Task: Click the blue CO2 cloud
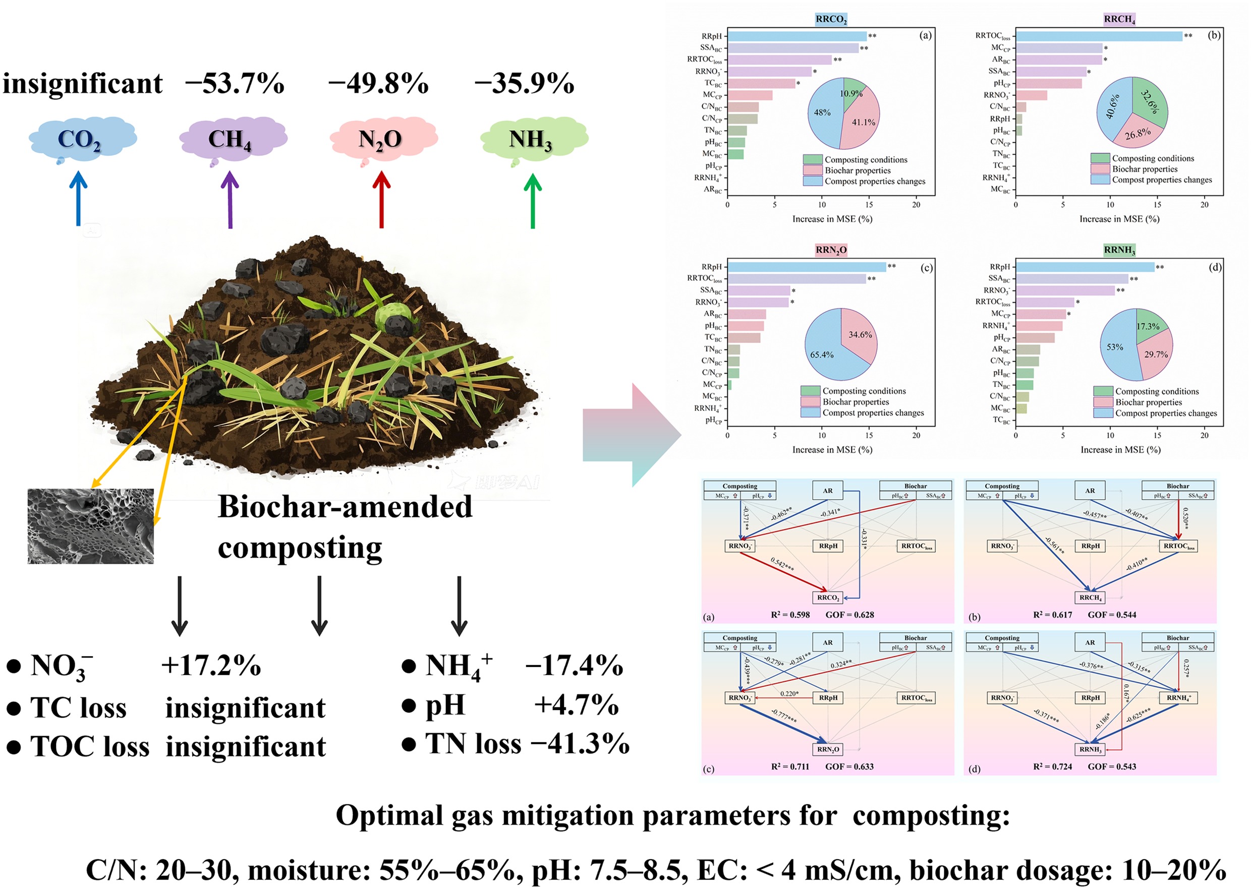click(x=82, y=139)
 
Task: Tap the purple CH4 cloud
click(x=233, y=139)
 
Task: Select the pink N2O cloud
click(x=383, y=139)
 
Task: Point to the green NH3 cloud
click(x=533, y=139)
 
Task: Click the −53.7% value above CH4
click(x=235, y=84)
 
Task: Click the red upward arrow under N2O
click(x=381, y=200)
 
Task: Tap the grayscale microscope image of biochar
click(x=90, y=526)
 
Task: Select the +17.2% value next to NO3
click(x=211, y=666)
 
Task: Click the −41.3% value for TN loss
click(x=580, y=743)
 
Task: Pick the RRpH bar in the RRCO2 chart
click(x=797, y=37)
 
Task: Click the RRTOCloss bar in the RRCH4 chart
click(x=1098, y=36)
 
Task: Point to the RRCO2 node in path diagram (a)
click(x=828, y=597)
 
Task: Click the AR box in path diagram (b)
click(x=1090, y=491)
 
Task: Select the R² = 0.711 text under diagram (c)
click(x=790, y=766)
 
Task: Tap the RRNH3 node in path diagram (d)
click(x=1091, y=749)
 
